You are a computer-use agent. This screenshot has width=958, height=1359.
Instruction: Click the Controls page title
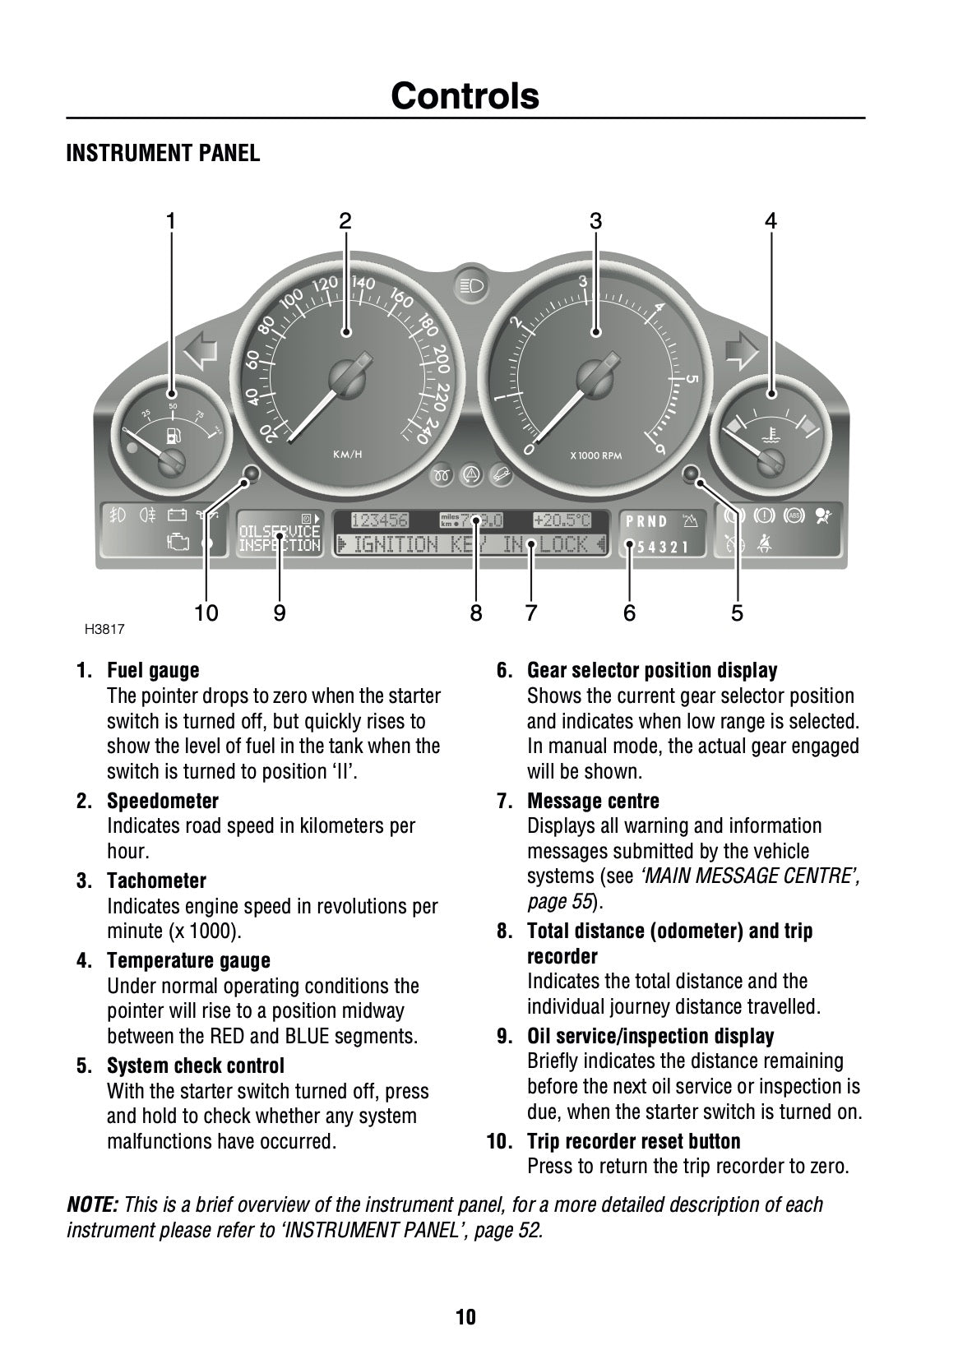pos(465,96)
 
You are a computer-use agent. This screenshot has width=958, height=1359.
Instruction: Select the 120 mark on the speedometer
pos(325,284)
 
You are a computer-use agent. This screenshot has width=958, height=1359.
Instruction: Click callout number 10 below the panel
pos(206,612)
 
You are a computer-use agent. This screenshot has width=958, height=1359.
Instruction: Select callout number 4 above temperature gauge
pos(771,220)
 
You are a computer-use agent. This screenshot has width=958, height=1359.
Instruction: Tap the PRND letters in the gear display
pos(646,521)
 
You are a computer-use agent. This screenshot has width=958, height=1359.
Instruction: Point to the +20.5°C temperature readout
pos(562,520)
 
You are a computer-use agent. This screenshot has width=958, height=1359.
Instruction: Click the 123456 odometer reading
pos(379,520)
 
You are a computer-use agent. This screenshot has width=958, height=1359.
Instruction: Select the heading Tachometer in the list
pos(156,881)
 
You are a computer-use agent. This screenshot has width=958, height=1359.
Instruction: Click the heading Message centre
pos(593,801)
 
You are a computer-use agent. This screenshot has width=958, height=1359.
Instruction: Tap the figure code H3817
pos(104,631)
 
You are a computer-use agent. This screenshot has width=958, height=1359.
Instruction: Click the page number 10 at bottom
pos(465,1318)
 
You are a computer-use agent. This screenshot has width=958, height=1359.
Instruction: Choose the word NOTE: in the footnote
pos(92,1205)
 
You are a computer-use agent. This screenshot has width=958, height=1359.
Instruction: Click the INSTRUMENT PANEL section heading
pos(163,154)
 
